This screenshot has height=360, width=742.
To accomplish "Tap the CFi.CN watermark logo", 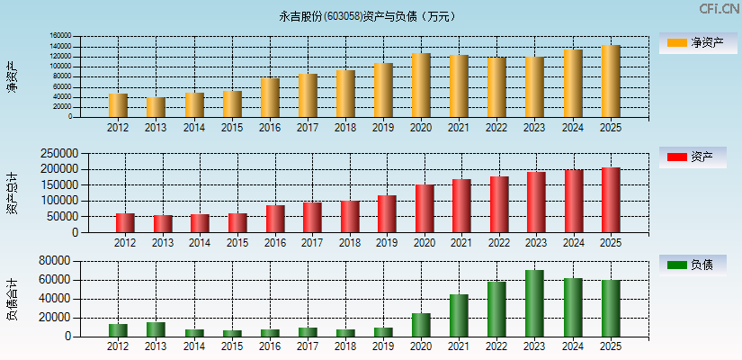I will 719,9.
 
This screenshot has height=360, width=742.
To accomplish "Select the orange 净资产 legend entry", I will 697,42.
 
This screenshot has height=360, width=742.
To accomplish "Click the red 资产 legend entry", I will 697,157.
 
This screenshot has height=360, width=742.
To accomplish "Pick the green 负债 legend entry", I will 697,265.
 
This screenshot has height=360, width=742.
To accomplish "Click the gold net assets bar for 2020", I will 421,85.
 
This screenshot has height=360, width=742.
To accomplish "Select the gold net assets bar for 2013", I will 156,107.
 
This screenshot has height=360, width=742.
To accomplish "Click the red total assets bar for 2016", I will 275,219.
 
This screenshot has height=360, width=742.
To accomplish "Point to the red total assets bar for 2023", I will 536,202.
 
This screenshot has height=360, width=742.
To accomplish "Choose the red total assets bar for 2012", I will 125,223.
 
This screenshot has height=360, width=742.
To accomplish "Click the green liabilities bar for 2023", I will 535,303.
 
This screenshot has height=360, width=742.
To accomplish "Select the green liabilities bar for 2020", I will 421,325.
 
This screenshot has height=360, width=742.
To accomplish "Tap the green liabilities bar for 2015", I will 232,333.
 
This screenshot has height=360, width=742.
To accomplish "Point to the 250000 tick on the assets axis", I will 59,154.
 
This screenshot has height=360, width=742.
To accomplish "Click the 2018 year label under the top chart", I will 345,128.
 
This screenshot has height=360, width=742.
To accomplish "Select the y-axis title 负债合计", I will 13,299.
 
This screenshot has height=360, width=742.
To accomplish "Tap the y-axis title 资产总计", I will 13,193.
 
